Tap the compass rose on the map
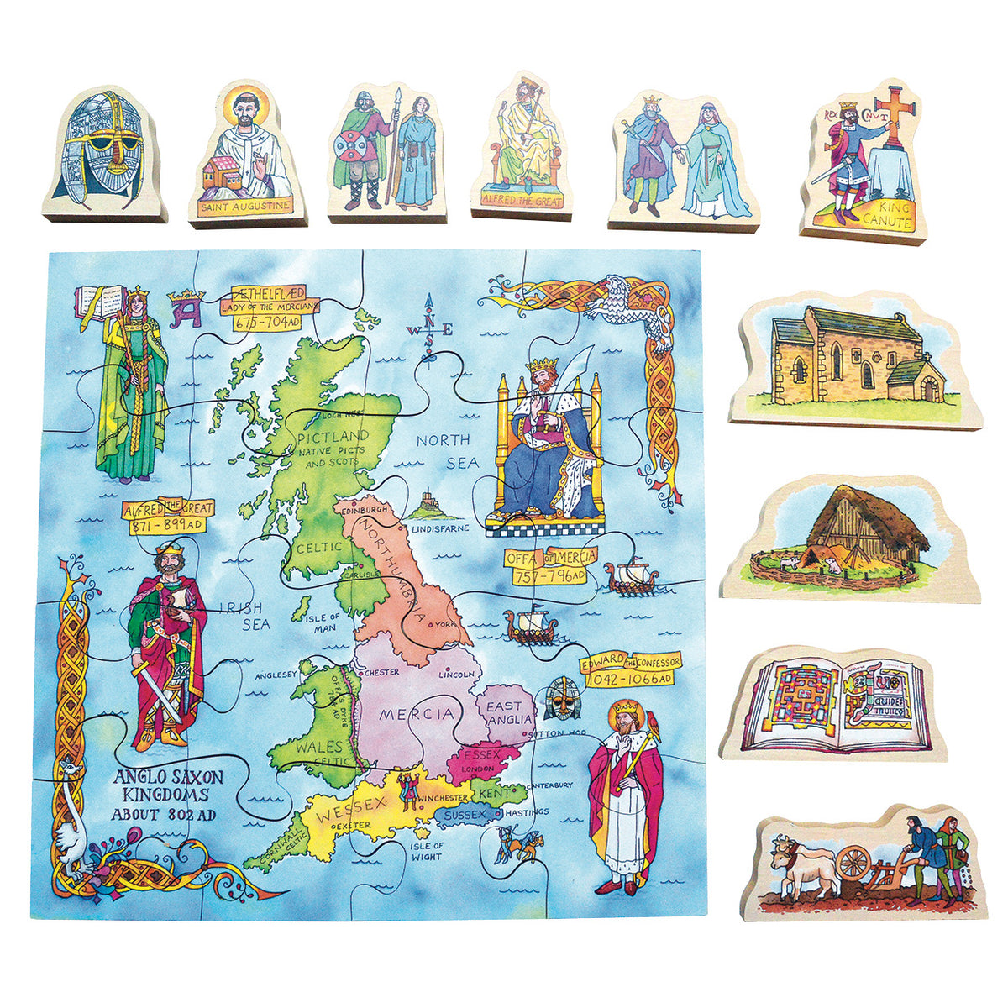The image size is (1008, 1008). (x=430, y=330)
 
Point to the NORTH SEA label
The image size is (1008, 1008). (x=448, y=451)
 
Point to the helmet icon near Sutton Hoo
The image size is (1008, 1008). (x=559, y=698)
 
